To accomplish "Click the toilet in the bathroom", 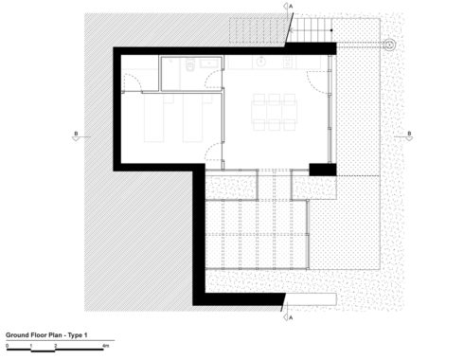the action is point(189,65).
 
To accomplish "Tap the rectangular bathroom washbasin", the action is point(209,63).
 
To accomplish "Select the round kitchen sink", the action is point(261,62).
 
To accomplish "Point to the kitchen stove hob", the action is point(287,63).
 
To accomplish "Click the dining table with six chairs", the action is point(274,112).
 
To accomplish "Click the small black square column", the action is point(323,170).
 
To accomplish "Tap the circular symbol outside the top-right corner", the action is point(389,45).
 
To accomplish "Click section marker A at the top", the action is point(288,6).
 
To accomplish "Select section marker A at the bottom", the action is point(288,317).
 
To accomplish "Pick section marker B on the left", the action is point(76,135).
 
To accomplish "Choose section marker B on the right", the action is point(409,135).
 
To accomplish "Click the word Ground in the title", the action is point(17,335).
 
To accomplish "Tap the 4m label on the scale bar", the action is point(105,346).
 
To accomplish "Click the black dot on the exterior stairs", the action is point(331,30).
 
